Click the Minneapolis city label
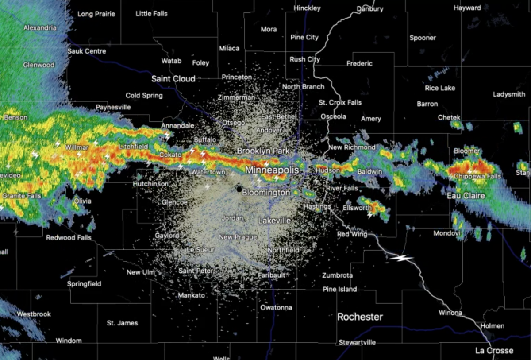click(272, 170)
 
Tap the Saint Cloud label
click(173, 79)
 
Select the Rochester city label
click(360, 317)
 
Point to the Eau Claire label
click(466, 196)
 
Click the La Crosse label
click(494, 350)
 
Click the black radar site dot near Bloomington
click(239, 189)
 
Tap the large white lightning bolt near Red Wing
click(401, 258)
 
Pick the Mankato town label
click(191, 295)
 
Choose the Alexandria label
click(40, 28)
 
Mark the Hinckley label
click(307, 8)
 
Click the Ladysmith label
click(509, 94)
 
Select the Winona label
click(450, 313)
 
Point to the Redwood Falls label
click(69, 238)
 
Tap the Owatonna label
click(276, 307)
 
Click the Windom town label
click(69, 341)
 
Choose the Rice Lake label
click(440, 88)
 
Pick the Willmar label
click(77, 147)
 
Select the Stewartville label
click(357, 342)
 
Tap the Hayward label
click(467, 8)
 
